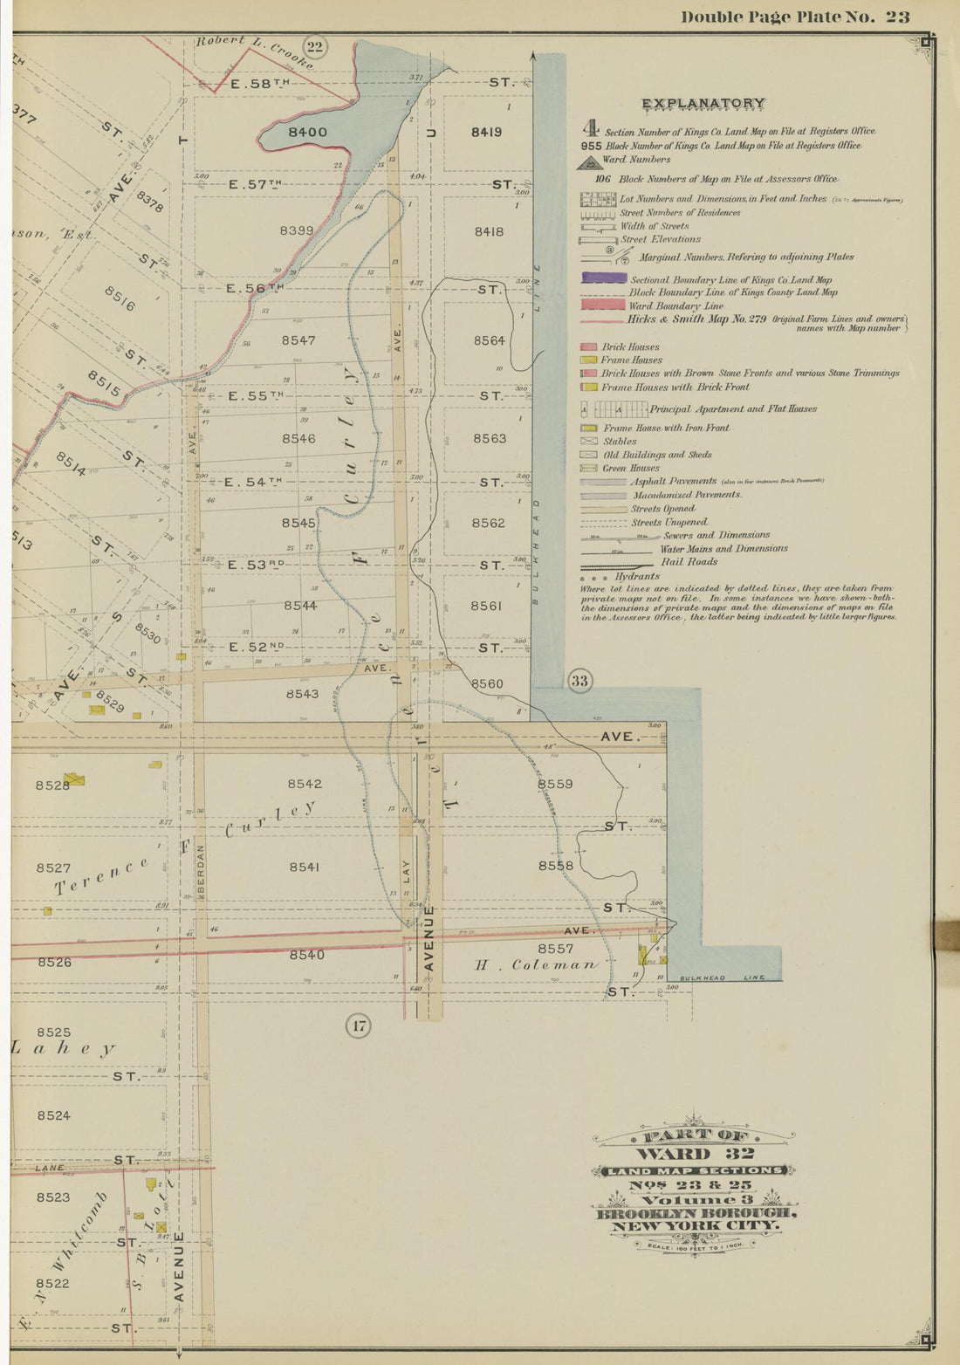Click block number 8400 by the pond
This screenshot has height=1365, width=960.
tap(307, 133)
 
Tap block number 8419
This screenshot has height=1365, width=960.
tap(486, 133)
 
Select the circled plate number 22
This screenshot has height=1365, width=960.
tap(314, 47)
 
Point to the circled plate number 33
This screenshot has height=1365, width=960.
tap(579, 681)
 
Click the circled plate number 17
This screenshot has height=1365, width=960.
tap(359, 1025)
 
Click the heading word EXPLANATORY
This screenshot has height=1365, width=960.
tap(703, 104)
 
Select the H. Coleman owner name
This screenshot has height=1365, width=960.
tap(537, 965)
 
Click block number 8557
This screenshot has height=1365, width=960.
tap(555, 949)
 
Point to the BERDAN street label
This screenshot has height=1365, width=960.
tap(200, 868)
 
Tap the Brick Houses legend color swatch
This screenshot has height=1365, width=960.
tap(588, 347)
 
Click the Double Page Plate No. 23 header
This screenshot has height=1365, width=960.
tap(795, 17)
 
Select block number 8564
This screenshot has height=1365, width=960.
tap(489, 340)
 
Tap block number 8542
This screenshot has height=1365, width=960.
tap(305, 784)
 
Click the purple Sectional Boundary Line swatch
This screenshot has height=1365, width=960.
tap(602, 279)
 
